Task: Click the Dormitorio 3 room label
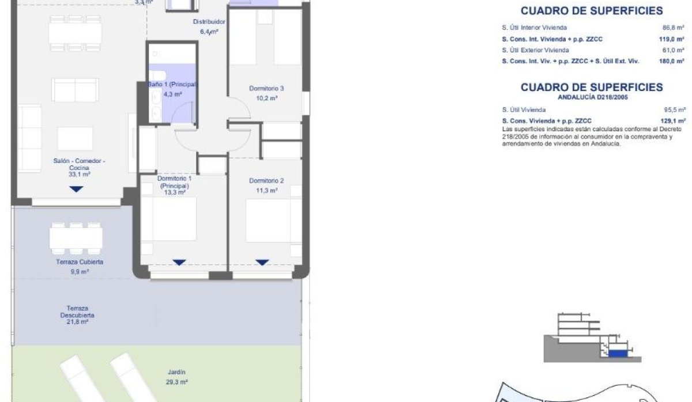click(x=266, y=89)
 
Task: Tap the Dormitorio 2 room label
click(x=266, y=180)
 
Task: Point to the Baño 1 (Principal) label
click(x=172, y=85)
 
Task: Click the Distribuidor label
click(x=208, y=22)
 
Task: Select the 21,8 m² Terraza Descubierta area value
click(x=77, y=322)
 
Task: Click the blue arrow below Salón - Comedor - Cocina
click(x=77, y=189)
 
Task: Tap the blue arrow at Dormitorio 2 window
click(x=262, y=263)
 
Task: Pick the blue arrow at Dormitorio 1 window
click(x=179, y=263)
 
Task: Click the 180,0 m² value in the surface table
click(x=672, y=61)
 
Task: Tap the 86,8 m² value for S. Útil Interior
click(x=674, y=28)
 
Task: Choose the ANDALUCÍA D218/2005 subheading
click(x=593, y=98)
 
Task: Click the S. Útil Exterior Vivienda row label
click(x=535, y=50)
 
